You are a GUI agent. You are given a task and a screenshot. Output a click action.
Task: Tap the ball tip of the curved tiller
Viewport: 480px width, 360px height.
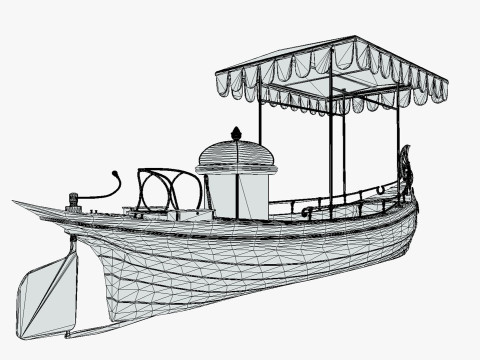pos(118,174)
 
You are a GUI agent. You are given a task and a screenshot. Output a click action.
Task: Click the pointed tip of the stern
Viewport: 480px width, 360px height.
pos(16,203)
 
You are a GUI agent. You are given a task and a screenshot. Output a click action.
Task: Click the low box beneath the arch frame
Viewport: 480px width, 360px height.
pos(189,214)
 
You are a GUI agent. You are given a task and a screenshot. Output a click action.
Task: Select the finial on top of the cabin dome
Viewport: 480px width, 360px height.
pos(237,133)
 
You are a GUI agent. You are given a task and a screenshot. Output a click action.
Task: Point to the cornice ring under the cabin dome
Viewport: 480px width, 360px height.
pos(237,169)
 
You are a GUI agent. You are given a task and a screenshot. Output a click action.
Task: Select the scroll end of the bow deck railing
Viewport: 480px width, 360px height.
pos(308,213)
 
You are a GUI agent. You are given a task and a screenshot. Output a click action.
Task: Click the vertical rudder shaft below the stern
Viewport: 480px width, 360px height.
pos(73,245)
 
